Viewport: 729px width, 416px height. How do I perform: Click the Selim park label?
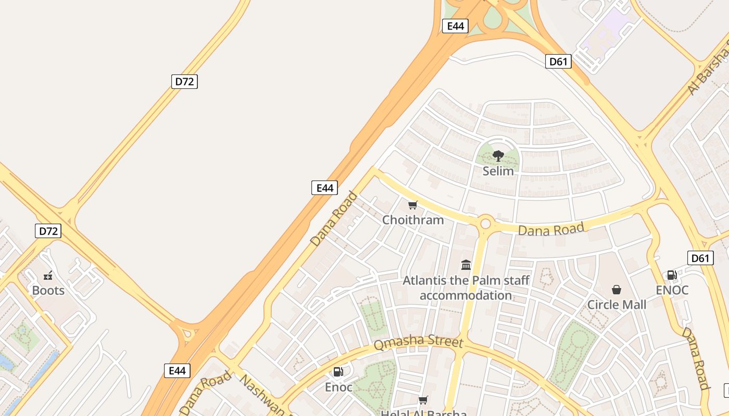click(x=498, y=171)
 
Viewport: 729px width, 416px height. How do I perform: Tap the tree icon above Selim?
click(x=498, y=155)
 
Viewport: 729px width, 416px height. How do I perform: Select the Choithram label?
click(x=413, y=219)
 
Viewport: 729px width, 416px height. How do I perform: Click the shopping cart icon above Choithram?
click(x=413, y=205)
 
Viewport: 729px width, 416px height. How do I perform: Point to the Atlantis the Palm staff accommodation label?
click(x=466, y=288)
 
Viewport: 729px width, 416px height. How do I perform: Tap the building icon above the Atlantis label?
click(x=466, y=265)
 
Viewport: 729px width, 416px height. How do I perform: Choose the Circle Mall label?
click(x=617, y=304)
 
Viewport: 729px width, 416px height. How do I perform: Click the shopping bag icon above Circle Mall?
click(x=617, y=290)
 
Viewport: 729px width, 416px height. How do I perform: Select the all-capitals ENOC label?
click(x=672, y=290)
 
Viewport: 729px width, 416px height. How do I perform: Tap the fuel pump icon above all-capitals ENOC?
click(x=672, y=275)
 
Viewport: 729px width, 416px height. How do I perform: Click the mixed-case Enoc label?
click(x=338, y=387)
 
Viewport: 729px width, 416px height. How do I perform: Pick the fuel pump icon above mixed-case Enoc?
click(x=338, y=372)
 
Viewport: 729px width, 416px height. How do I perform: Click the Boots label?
click(x=48, y=290)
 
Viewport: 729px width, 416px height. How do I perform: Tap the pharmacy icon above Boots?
click(x=48, y=276)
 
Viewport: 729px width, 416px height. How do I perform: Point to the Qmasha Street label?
click(x=418, y=343)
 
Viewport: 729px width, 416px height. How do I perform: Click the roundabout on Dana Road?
click(x=485, y=224)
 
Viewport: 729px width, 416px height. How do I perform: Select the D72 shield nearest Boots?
click(x=48, y=231)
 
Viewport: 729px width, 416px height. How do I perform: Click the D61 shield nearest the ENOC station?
click(x=700, y=258)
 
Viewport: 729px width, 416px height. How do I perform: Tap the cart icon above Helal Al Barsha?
click(x=423, y=400)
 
